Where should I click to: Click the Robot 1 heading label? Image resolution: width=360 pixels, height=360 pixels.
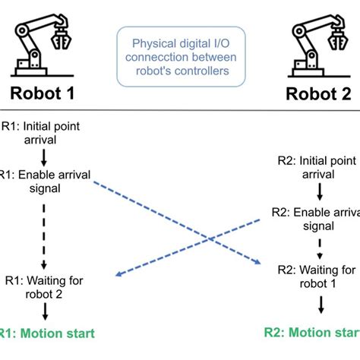44,94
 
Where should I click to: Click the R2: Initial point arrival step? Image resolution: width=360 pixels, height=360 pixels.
319,167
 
